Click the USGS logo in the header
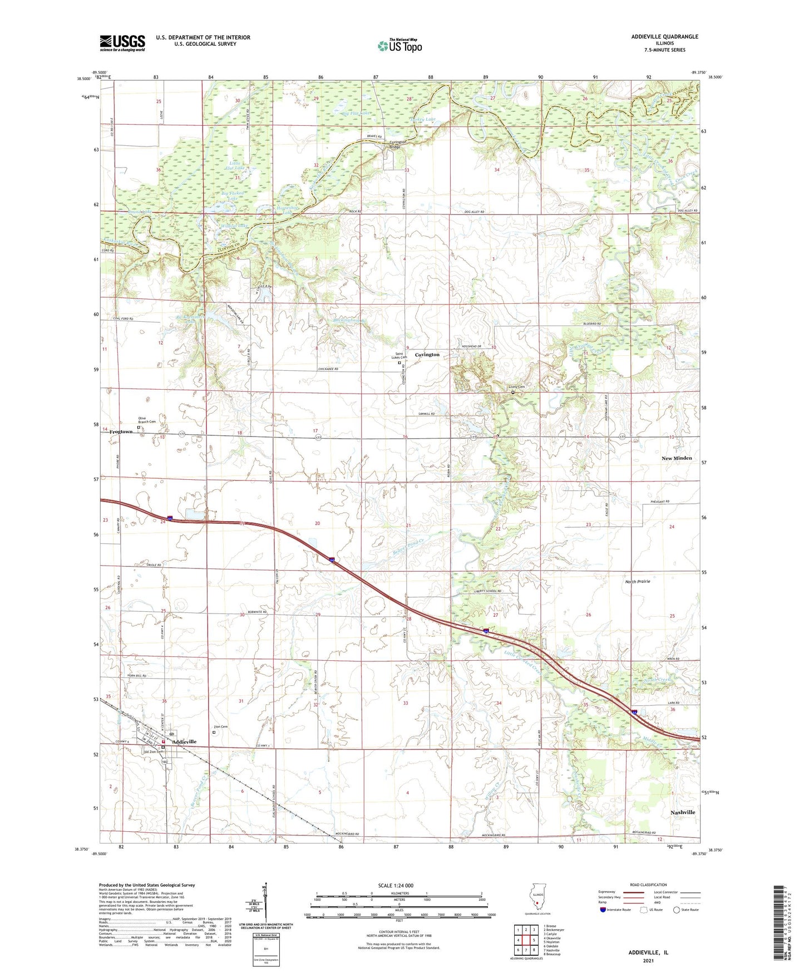coord(122,43)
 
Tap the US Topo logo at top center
coord(399,45)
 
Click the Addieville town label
coord(184,742)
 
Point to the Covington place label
coord(427,355)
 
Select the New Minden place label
coord(677,458)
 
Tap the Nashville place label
coord(683,812)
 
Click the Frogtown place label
coord(121,432)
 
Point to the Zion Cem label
coord(221,726)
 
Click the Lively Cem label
coord(516,387)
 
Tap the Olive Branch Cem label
coord(147,420)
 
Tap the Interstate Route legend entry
coord(620,910)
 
